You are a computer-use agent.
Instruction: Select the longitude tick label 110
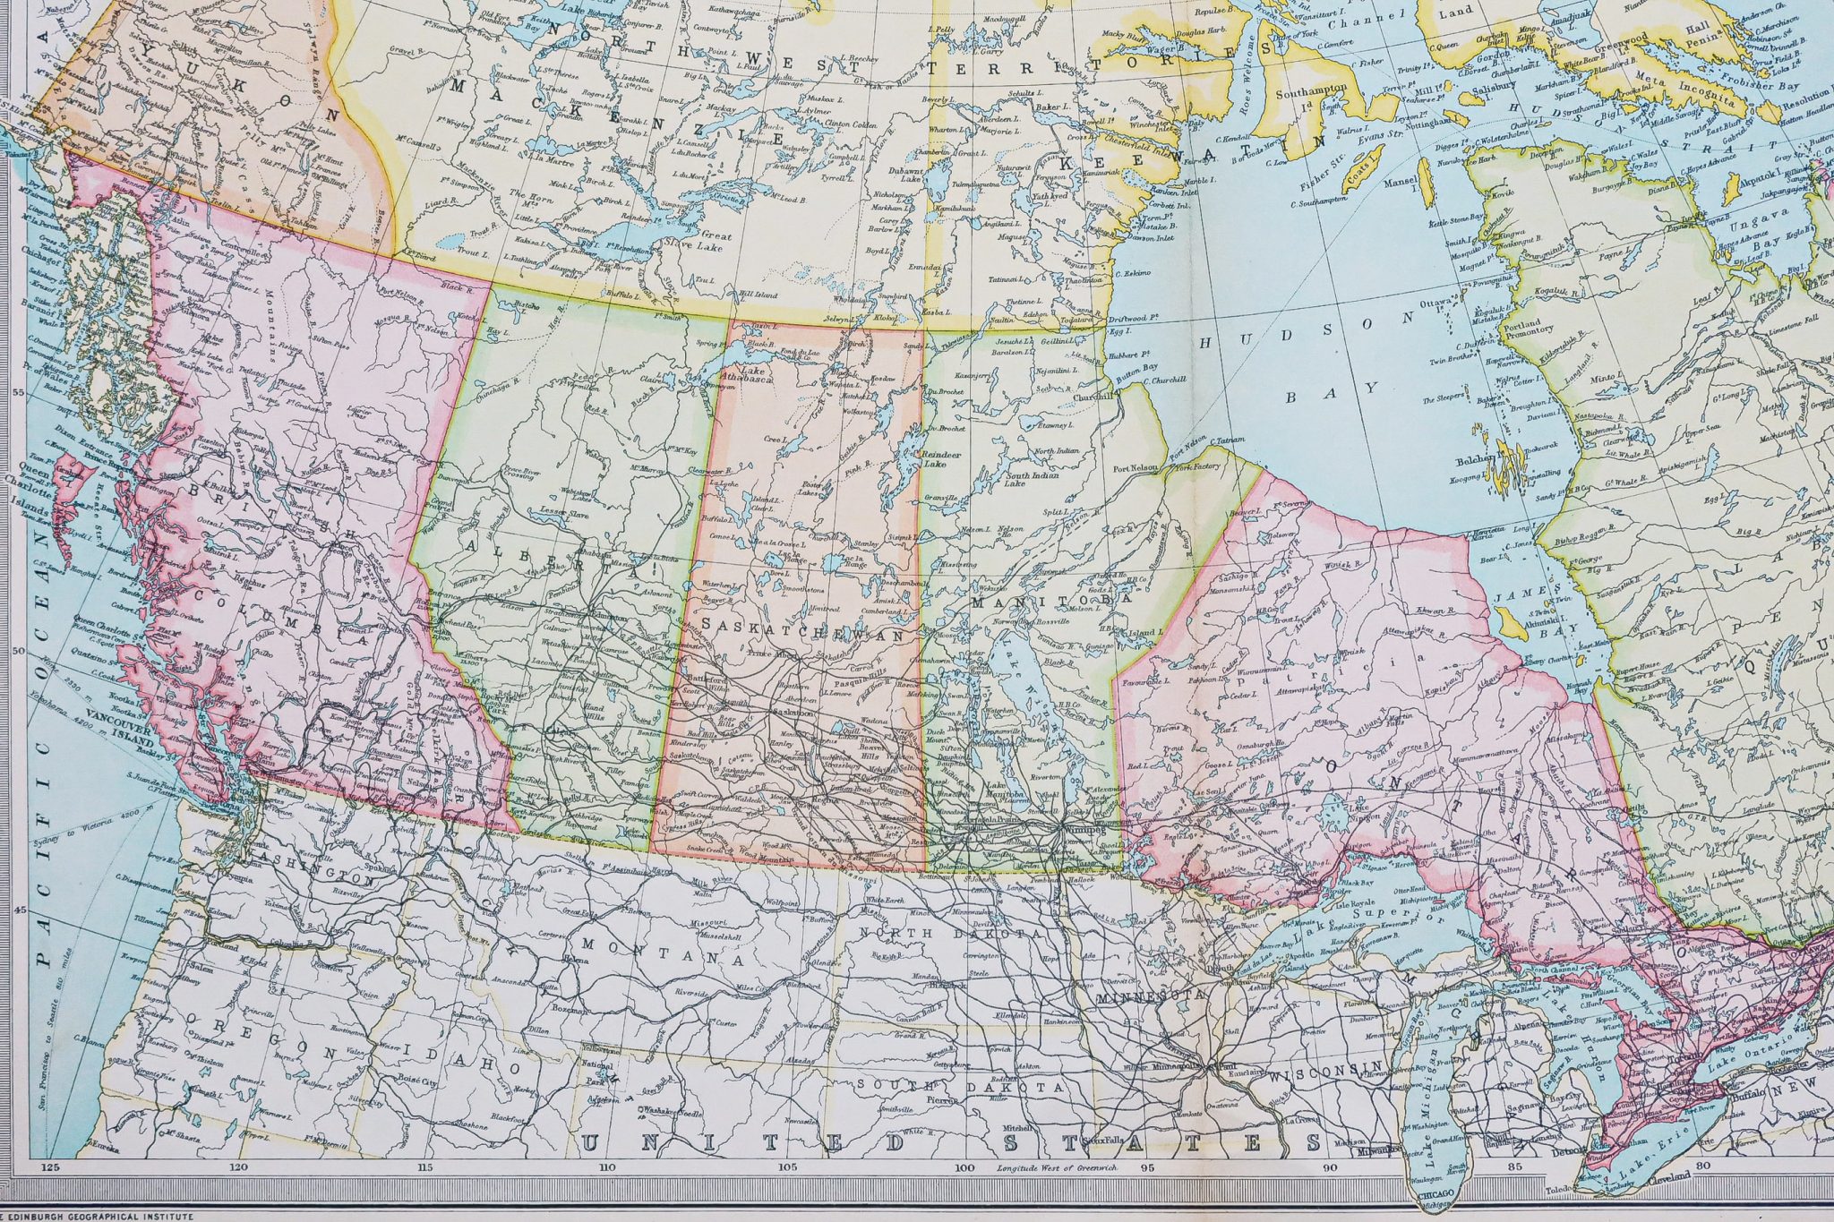point(608,1168)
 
